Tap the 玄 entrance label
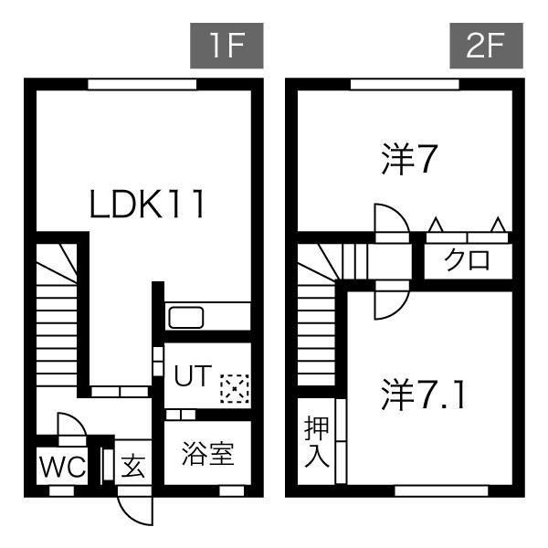pos(133,468)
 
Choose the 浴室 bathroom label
pos(207,455)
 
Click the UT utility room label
pos(194,375)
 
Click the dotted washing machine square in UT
pos(234,388)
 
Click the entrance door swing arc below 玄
pos(132,508)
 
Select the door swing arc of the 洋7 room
pos(389,218)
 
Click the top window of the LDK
pos(142,84)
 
